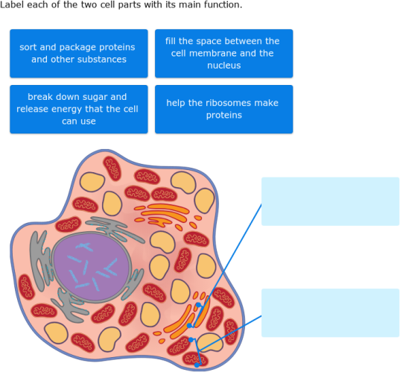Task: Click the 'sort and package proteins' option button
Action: pyautogui.click(x=77, y=53)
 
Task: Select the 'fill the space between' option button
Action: pyautogui.click(x=223, y=53)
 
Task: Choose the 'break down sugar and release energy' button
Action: pyautogui.click(x=77, y=109)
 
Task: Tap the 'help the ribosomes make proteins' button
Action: pyautogui.click(x=223, y=109)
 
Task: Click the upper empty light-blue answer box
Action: pyautogui.click(x=330, y=201)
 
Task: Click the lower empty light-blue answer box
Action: pyautogui.click(x=330, y=313)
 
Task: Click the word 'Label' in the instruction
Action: pyautogui.click(x=13, y=5)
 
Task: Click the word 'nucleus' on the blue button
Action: pyautogui.click(x=223, y=66)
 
